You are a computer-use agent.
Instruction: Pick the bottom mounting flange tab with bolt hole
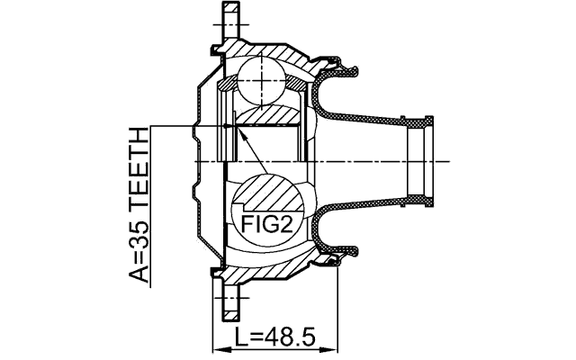tap(231, 301)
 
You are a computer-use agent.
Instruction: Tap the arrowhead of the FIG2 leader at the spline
tap(236, 130)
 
